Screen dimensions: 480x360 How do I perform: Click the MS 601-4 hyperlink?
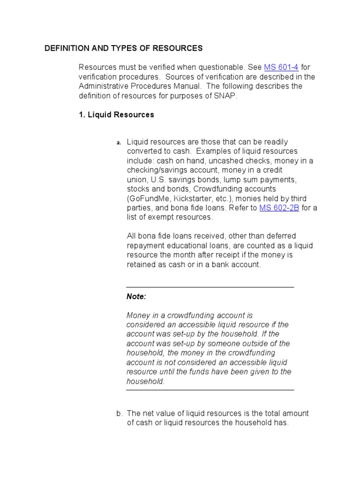[x=281, y=67]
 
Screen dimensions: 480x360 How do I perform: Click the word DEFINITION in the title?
[x=65, y=48]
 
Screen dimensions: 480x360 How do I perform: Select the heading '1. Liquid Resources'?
[x=116, y=114]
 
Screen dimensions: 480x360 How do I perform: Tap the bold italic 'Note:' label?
[x=136, y=296]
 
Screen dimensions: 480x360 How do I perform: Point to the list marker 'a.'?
[x=119, y=142]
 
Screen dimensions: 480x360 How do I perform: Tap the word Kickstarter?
[x=193, y=198]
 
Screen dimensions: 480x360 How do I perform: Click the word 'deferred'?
[x=280, y=236]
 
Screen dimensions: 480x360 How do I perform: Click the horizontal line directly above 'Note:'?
[x=210, y=287]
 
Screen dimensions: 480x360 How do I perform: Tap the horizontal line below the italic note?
[x=210, y=390]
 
